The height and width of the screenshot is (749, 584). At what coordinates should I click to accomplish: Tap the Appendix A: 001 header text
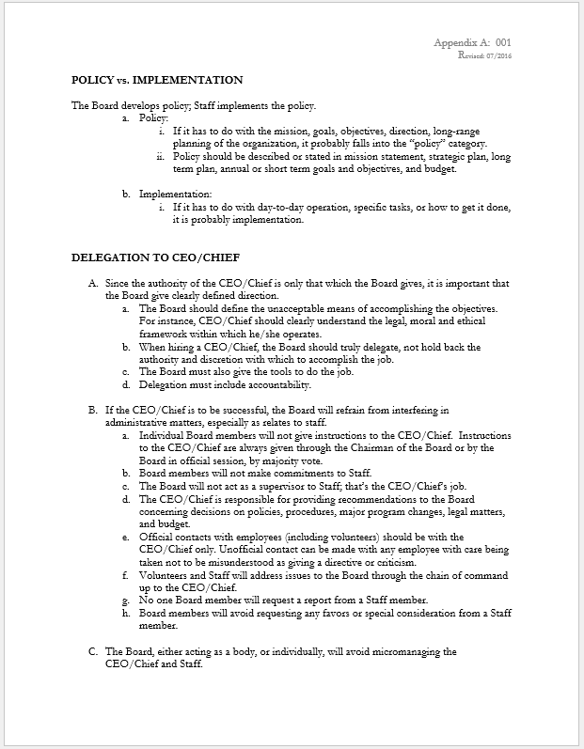pyautogui.click(x=473, y=43)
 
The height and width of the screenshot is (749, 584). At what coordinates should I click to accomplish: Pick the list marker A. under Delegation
pyautogui.click(x=93, y=283)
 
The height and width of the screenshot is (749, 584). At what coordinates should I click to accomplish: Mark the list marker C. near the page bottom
pyautogui.click(x=93, y=650)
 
